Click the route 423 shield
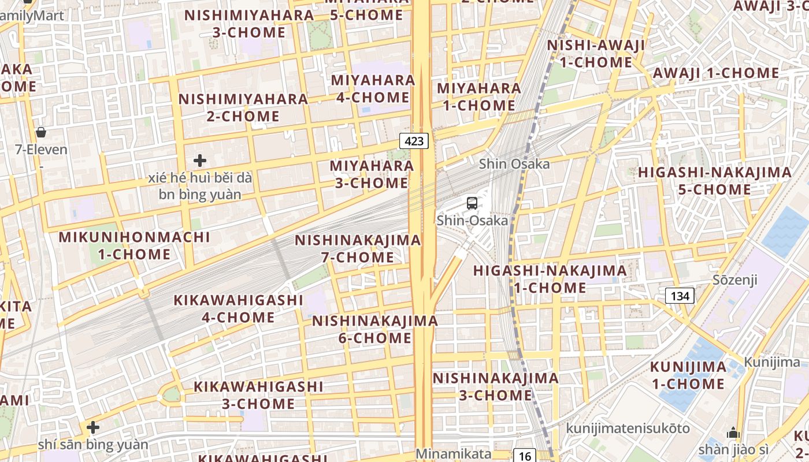click(414, 140)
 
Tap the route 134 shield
click(680, 296)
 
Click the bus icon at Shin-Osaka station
click(472, 203)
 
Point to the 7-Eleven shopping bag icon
click(41, 132)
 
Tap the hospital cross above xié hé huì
click(200, 160)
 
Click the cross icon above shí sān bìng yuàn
click(92, 427)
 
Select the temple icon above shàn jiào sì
click(733, 433)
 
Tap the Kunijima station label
click(772, 362)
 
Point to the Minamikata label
click(453, 454)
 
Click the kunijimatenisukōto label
click(628, 428)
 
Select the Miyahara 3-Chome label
click(372, 174)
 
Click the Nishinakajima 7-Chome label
click(358, 248)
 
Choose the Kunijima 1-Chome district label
click(688, 375)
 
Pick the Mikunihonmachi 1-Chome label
click(134, 245)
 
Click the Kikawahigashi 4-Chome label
click(239, 308)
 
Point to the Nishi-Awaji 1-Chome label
click(596, 54)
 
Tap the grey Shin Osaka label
click(514, 164)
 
